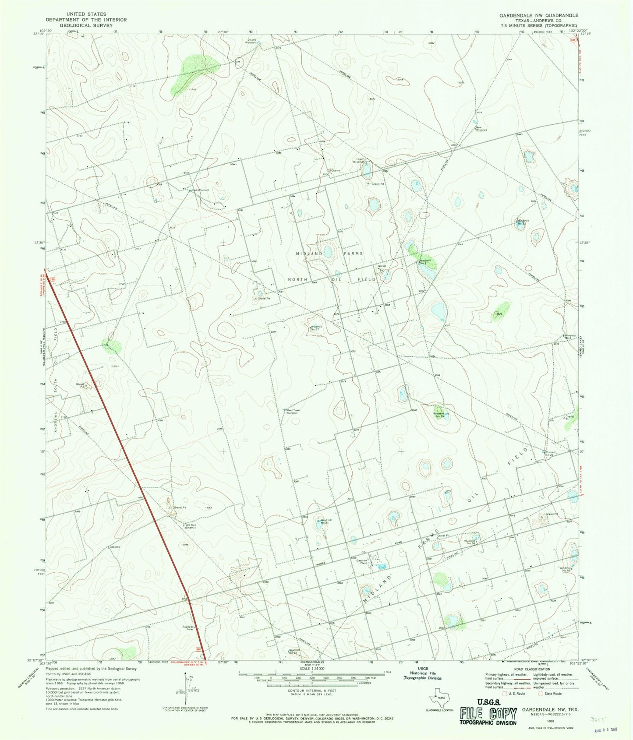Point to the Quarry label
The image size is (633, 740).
click(335, 171)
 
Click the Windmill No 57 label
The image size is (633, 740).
click(316, 328)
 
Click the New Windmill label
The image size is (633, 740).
click(482, 129)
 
